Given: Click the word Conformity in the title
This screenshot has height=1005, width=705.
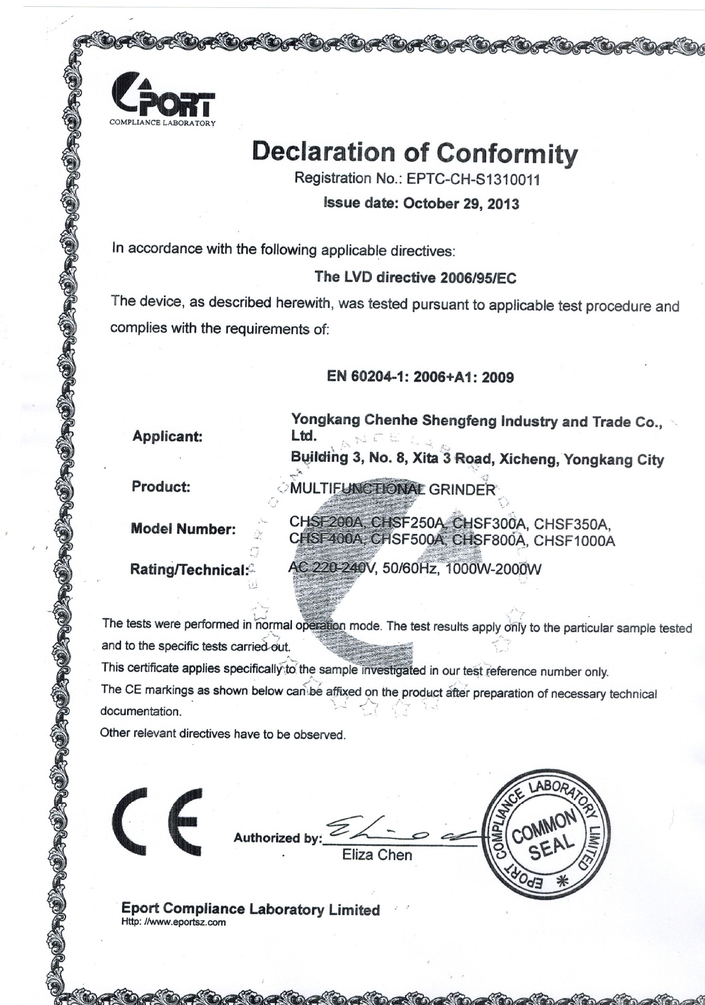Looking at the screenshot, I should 506,153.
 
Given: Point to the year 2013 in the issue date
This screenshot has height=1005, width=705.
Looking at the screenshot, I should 503,204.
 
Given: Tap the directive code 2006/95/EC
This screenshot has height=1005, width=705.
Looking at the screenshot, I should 478,278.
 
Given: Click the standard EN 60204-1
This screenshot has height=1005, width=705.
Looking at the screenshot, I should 368,376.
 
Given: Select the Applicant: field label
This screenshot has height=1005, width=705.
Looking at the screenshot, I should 167,437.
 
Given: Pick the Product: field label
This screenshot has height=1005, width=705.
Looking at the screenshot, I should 161,487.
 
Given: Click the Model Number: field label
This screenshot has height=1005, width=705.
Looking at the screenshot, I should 183,529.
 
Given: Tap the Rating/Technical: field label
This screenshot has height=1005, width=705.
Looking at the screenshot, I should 189,570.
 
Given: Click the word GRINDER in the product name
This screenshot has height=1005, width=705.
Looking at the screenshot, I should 462,490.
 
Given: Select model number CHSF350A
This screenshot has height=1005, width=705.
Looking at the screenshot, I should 572,524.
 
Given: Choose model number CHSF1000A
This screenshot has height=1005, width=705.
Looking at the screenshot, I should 574,541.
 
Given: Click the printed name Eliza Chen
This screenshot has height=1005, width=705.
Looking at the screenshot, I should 377,855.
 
